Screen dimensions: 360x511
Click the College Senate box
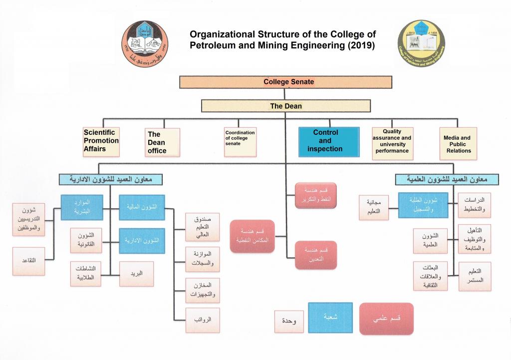pos(285,82)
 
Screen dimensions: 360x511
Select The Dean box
pos(285,106)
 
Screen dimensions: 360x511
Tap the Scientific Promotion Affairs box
pos(101,141)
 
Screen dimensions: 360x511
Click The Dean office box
pos(162,142)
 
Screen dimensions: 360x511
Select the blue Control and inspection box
pos(328,141)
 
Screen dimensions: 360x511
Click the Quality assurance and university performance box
pos(392,143)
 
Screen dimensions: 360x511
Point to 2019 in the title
pos(359,45)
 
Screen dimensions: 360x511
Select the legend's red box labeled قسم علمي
pos(386,319)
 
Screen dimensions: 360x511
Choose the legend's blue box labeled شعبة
pos(330,318)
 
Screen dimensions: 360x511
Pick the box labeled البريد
pos(136,274)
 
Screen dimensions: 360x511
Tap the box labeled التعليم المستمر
pos(474,276)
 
